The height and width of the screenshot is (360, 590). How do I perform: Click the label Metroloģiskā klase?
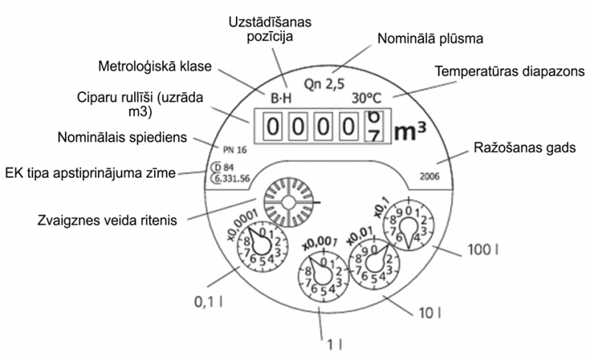click(155, 66)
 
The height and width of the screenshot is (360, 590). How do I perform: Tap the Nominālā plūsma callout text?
click(430, 38)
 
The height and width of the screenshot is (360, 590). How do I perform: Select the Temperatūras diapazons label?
click(510, 71)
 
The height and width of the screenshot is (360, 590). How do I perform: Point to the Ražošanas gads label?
click(524, 148)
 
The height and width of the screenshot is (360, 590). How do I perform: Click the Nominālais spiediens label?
click(122, 137)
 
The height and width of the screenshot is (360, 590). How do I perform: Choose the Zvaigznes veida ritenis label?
click(107, 220)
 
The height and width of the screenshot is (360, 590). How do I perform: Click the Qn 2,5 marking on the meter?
click(324, 84)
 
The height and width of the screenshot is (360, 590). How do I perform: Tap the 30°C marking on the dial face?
click(367, 98)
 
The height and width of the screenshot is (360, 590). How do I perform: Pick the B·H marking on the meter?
click(281, 98)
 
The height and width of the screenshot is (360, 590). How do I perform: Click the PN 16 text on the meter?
click(235, 150)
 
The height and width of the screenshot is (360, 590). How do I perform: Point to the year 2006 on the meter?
click(429, 176)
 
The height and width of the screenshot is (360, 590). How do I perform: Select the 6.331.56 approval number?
click(231, 178)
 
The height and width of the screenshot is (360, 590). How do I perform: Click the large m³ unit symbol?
click(410, 131)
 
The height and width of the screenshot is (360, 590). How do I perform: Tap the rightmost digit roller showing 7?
click(374, 127)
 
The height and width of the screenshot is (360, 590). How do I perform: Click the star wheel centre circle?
click(288, 203)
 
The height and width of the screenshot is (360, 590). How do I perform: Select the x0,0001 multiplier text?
click(243, 224)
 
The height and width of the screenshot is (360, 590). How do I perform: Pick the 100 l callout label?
click(483, 249)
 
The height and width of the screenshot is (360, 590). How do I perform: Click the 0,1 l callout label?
click(208, 302)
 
